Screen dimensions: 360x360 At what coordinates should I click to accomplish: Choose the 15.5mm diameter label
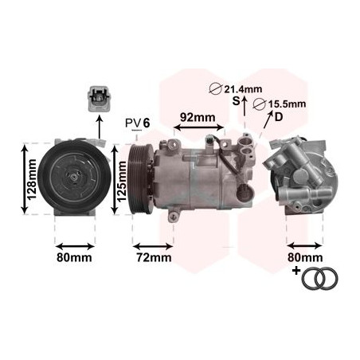point(284,104)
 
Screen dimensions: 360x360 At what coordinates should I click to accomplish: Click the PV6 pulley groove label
point(137,123)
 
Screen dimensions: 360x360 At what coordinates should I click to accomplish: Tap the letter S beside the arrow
point(235,101)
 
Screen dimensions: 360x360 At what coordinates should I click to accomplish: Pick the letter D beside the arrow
point(278,118)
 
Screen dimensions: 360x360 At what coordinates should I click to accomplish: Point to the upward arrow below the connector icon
point(99,126)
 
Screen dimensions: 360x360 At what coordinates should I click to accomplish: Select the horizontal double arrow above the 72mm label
point(153,240)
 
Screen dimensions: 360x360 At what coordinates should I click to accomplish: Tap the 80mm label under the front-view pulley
point(74,257)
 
